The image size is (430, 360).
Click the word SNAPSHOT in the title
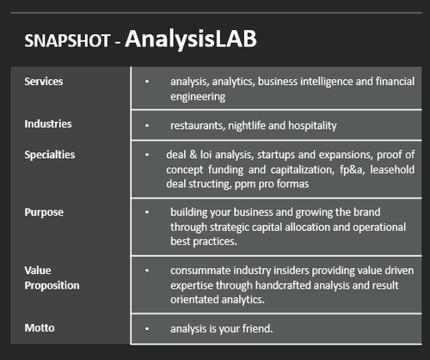[x=65, y=40]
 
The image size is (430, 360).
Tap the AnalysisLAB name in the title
[x=191, y=39]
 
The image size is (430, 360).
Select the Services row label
[x=44, y=82]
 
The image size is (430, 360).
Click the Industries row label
[x=48, y=124]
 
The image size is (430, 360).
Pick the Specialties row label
[x=50, y=155]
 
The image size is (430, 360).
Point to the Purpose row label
[x=43, y=211]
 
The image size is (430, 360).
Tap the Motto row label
[x=39, y=327]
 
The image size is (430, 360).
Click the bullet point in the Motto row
[x=147, y=328]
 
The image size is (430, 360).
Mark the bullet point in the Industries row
[x=147, y=125]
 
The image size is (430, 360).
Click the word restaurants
[x=197, y=125]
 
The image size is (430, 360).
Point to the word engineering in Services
[x=199, y=96]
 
